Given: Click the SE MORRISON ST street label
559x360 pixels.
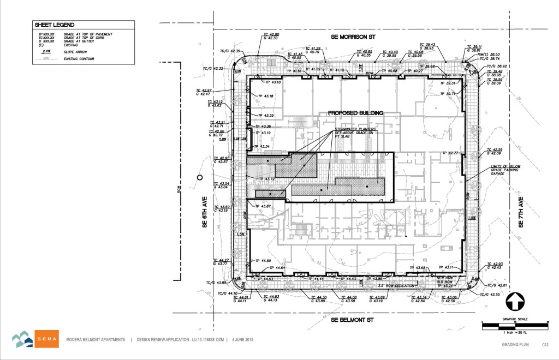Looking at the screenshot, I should [355, 37].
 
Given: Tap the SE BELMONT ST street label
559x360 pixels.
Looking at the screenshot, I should [355, 320].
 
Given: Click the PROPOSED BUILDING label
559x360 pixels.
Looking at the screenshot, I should [355, 113].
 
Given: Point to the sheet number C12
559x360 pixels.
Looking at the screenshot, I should [544, 345].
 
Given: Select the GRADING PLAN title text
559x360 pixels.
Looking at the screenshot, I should [516, 345].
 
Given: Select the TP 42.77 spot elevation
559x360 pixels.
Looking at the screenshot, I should [452, 153].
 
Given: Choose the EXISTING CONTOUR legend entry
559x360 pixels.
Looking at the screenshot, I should [80, 57].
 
